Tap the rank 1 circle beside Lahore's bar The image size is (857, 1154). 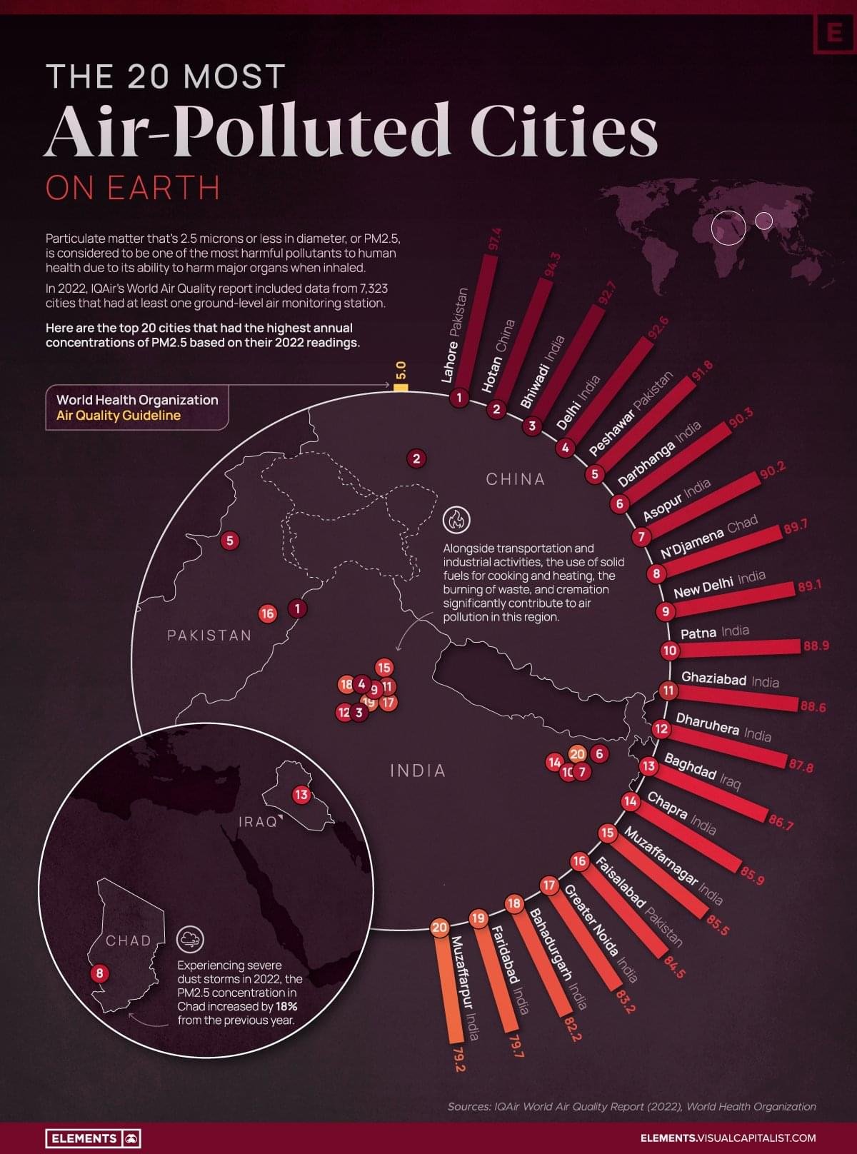click(459, 398)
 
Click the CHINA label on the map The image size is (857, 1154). click(515, 479)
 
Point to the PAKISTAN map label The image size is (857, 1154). click(209, 636)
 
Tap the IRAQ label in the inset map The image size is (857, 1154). click(258, 822)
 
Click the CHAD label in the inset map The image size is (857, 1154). click(129, 940)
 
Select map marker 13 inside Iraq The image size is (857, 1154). click(301, 795)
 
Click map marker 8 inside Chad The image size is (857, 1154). click(100, 973)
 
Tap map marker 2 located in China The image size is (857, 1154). click(416, 458)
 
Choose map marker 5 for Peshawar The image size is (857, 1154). click(229, 541)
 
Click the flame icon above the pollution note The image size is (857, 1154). click(456, 520)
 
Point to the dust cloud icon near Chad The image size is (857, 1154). click(190, 940)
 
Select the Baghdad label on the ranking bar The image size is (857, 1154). click(691, 766)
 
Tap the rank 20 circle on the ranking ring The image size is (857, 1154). click(439, 928)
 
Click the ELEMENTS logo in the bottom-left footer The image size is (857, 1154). click(93, 1138)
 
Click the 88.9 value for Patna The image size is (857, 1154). click(816, 646)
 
